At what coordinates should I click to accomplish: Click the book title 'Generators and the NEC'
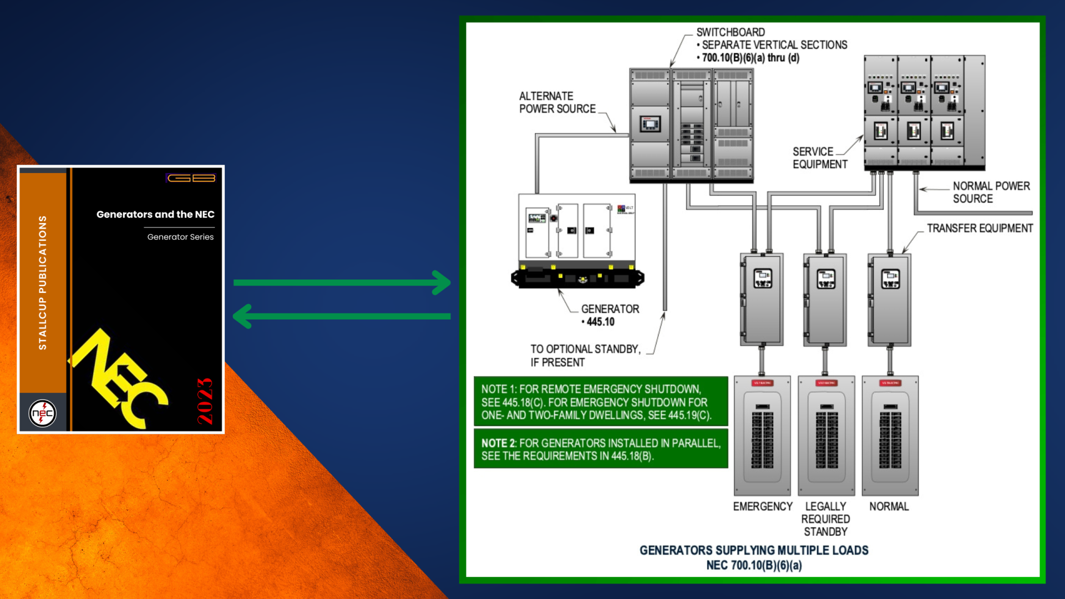tap(155, 215)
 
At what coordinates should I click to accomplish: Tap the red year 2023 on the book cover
tap(205, 401)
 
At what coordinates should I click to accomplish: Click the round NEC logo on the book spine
tap(43, 413)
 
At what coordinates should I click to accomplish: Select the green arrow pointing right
tap(342, 283)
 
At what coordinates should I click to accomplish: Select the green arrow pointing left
tap(342, 316)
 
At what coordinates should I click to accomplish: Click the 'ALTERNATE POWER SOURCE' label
tap(557, 103)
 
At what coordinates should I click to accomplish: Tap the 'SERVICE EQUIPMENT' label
tap(819, 158)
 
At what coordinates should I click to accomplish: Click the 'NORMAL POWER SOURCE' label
tap(991, 192)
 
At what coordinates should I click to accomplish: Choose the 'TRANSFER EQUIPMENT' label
tap(980, 229)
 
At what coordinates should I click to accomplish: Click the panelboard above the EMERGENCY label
tap(762, 436)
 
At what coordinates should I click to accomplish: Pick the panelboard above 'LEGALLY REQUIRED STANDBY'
tap(826, 436)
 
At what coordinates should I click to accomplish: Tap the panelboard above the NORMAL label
tap(890, 436)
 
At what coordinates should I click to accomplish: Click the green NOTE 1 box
tap(600, 402)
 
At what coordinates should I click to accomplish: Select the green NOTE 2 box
tap(600, 449)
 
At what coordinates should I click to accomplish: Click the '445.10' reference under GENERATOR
tap(600, 322)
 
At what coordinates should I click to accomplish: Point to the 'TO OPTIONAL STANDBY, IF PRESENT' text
tap(585, 356)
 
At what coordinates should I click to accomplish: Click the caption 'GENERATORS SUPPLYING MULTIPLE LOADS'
tap(754, 551)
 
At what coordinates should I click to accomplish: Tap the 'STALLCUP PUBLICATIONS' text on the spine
tap(43, 283)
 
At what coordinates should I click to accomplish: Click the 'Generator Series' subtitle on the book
tap(180, 237)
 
